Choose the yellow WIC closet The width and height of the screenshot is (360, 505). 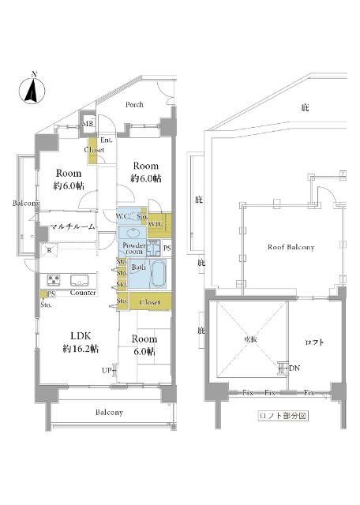(x=156, y=223)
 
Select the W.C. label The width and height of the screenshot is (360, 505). (x=124, y=216)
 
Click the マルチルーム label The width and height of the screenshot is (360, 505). (x=72, y=227)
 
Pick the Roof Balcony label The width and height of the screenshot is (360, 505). (x=291, y=247)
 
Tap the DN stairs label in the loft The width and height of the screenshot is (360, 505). (x=294, y=368)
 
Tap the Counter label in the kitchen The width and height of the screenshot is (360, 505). (x=83, y=293)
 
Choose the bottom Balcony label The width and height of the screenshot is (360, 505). (x=110, y=413)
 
